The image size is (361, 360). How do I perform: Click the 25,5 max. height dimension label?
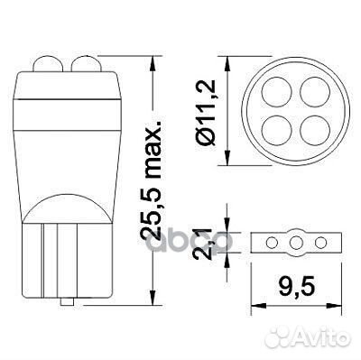pos(153,179)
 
